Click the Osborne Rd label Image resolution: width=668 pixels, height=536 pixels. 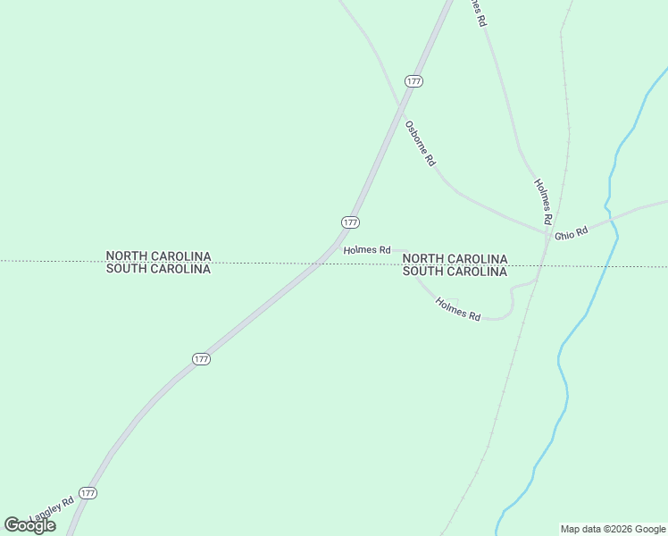tap(420, 144)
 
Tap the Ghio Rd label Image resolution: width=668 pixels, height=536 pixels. tap(571, 232)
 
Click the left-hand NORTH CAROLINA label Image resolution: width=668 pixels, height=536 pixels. tap(158, 255)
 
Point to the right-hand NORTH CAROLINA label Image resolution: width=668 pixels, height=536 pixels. tap(455, 259)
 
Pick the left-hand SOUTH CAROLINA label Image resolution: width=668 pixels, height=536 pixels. tap(158, 268)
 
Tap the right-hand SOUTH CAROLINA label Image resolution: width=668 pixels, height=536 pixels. tap(455, 272)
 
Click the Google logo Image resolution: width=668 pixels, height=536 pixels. tap(29, 525)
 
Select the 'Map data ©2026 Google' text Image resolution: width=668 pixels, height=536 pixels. tap(613, 529)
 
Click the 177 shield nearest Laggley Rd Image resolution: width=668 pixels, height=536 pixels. tap(88, 493)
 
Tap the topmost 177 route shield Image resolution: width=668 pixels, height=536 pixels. tap(413, 80)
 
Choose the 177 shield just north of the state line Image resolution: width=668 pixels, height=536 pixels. tap(350, 222)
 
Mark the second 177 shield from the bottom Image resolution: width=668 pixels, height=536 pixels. tap(201, 359)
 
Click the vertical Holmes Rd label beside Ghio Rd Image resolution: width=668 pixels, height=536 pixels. tap(543, 200)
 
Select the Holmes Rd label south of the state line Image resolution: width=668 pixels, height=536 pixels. tap(458, 309)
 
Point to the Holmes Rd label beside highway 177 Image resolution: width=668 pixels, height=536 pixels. tap(367, 250)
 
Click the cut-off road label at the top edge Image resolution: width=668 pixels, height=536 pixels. tap(480, 11)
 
